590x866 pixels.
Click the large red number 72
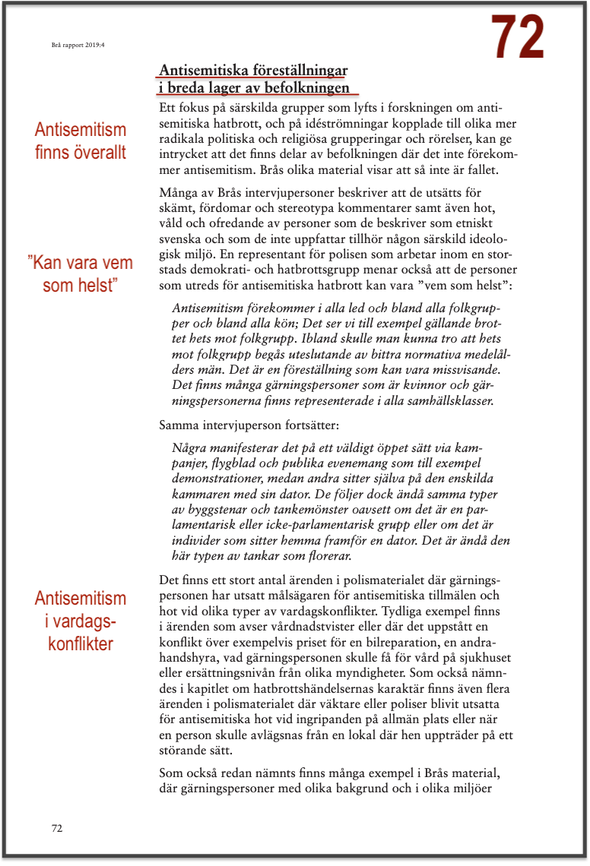pyautogui.click(x=517, y=36)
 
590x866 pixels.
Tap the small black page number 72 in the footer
pyautogui.click(x=57, y=827)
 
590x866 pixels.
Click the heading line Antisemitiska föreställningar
pyautogui.click(x=253, y=71)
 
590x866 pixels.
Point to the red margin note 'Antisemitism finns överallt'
pyautogui.click(x=81, y=141)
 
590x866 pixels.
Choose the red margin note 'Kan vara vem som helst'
pyautogui.click(x=80, y=274)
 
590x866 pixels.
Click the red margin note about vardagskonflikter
pyautogui.click(x=80, y=621)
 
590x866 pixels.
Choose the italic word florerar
pyautogui.click(x=322, y=556)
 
